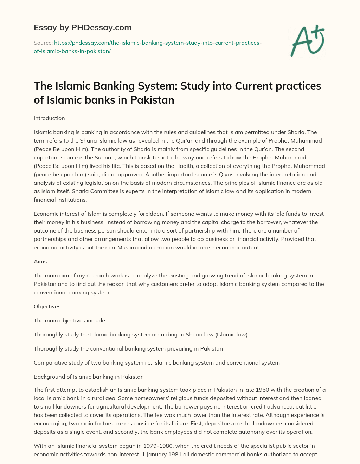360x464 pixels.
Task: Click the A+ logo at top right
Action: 308,41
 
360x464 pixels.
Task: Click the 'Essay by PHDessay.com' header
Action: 83,27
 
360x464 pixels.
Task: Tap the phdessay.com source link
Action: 148,47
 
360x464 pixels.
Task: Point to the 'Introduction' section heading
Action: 49,118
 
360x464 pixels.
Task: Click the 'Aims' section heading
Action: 40,262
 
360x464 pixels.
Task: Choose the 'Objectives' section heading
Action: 47,307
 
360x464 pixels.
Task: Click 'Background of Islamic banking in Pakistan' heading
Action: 89,377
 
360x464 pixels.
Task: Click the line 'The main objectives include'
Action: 69,321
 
